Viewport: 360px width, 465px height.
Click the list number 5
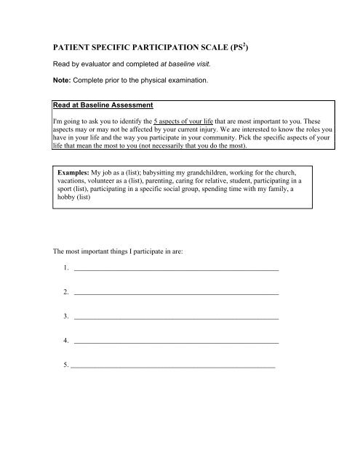66,365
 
